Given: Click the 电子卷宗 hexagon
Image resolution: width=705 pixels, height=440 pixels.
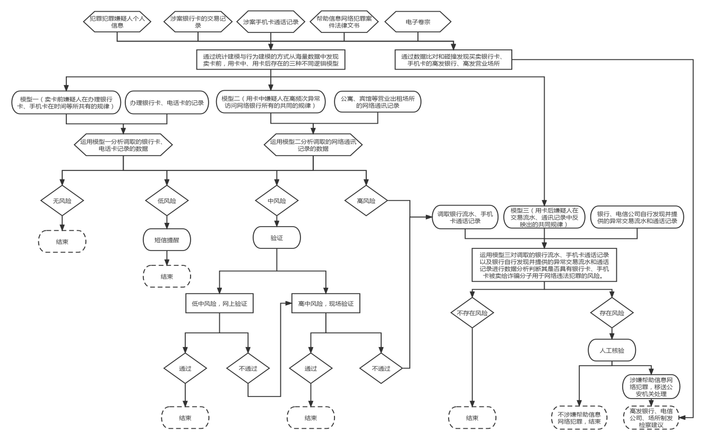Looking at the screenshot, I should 418,22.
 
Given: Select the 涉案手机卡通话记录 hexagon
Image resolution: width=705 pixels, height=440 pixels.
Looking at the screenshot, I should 271,22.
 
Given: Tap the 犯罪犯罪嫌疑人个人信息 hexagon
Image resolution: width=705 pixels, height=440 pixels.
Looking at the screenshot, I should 117,22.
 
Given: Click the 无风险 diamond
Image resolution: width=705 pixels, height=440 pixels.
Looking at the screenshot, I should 62,201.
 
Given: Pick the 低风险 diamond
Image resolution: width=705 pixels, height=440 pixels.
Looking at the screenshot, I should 167,201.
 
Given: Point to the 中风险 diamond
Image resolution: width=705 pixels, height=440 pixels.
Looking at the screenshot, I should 277,201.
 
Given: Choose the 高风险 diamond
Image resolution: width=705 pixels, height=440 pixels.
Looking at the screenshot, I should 366,201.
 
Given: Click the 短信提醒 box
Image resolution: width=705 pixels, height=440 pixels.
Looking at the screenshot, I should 167,239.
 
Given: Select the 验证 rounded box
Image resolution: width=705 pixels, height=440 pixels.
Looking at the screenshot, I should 277,238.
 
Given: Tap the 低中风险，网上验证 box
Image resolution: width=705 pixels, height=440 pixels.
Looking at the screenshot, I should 219,304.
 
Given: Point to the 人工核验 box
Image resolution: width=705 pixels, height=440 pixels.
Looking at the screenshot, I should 612,350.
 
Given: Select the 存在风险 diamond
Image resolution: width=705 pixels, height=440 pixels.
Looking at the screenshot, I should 612,313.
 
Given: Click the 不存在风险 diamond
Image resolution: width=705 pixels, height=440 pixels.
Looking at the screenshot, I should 472,313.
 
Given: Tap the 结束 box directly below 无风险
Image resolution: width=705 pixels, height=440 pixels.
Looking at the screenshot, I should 62,242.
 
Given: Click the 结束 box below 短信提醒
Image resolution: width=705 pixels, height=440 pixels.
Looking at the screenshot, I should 167,277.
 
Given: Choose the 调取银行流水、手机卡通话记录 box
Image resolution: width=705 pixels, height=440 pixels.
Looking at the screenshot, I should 465,217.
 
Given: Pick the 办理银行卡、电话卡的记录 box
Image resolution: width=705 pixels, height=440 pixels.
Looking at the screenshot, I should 167,102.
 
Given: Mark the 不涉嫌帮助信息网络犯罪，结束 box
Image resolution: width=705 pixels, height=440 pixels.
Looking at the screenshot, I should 579,418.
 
